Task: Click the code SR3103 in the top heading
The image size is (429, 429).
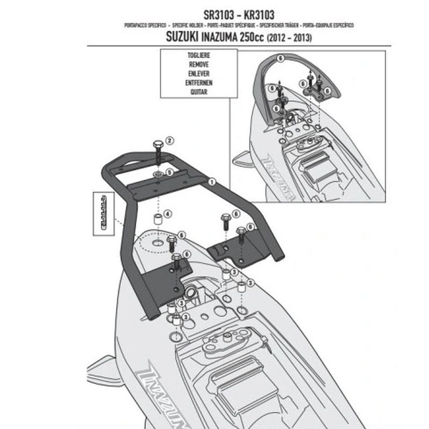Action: point(187,15)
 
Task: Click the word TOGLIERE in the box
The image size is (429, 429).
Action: point(198,55)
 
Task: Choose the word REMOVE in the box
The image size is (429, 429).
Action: point(198,64)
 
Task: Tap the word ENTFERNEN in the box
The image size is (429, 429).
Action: point(198,83)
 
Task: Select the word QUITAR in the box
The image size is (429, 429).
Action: point(198,92)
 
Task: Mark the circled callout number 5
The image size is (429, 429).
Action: point(169,173)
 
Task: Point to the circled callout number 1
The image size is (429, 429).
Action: point(212,182)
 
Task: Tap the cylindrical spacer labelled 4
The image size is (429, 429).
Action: point(158,219)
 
